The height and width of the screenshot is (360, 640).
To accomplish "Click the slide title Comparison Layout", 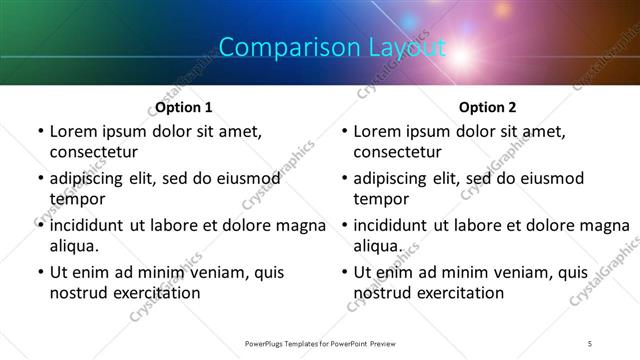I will pos(332,47).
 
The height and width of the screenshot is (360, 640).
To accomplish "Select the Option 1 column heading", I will pos(184,107).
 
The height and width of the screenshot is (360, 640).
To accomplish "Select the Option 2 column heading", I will pos(488,107).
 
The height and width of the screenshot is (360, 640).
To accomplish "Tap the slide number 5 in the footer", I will pos(590,343).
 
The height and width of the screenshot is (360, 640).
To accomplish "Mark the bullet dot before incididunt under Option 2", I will pos(343,225).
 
